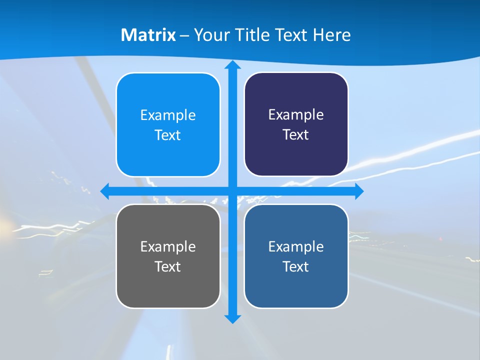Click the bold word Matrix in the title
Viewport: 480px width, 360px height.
click(148, 35)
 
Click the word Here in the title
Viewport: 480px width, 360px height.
click(331, 35)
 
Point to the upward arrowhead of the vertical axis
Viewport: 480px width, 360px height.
click(232, 65)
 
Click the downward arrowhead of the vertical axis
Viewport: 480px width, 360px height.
click(232, 318)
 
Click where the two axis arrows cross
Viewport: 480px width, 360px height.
click(232, 191)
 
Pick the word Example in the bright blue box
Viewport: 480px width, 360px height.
click(168, 115)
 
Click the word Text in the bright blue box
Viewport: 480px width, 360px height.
click(168, 135)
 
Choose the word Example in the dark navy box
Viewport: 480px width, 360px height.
click(296, 114)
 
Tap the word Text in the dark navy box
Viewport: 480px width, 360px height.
click(296, 134)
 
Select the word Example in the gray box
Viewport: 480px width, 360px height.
click(168, 246)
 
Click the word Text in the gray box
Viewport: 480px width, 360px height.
click(168, 266)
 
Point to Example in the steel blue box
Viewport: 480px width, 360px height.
click(296, 246)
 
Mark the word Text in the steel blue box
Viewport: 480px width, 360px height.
click(296, 266)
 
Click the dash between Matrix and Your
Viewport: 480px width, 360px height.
click(184, 35)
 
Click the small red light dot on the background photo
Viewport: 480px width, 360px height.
click(440, 239)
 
